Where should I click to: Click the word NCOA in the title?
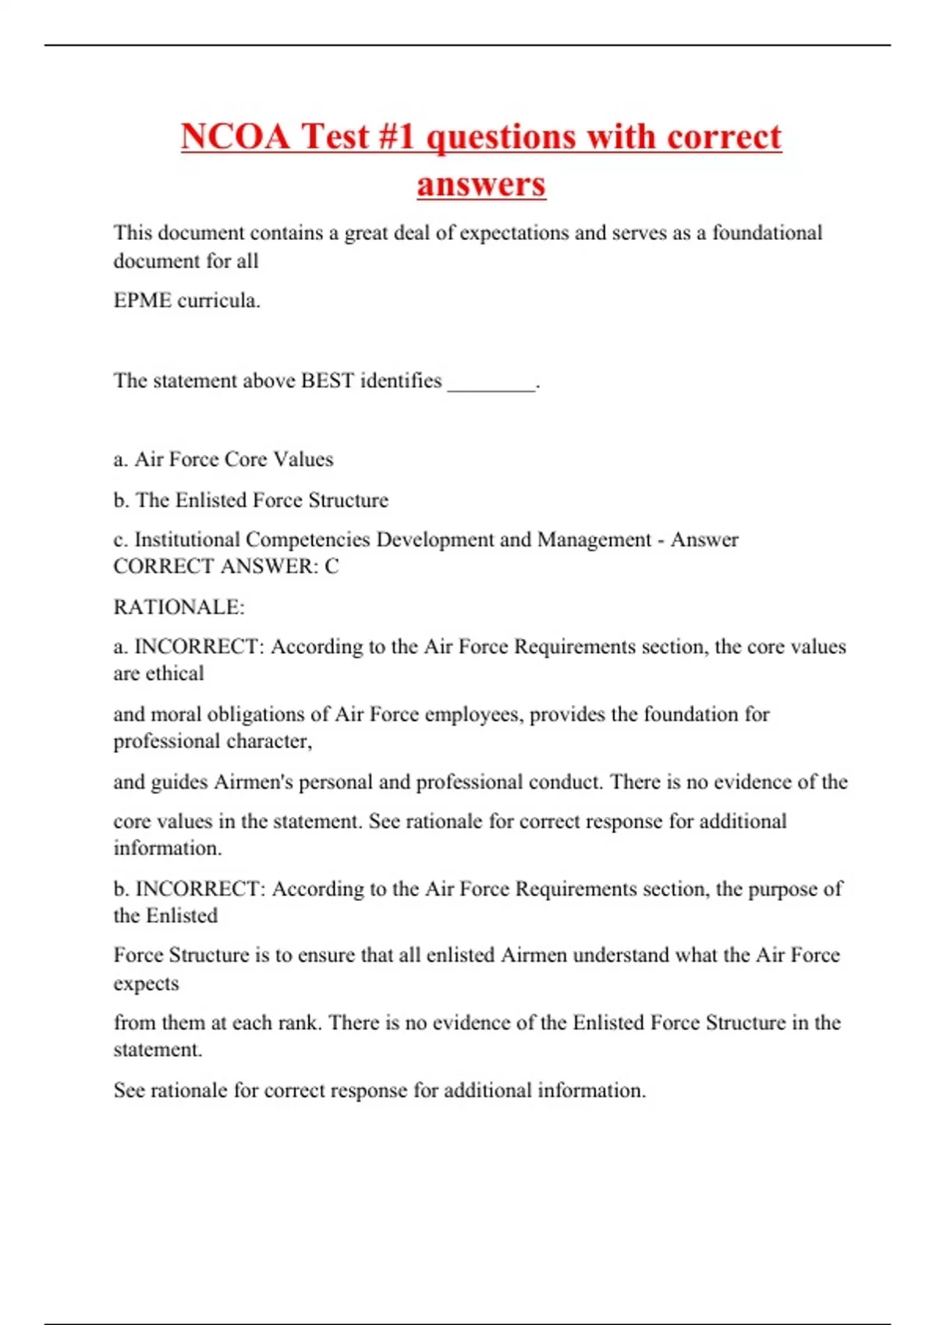click(236, 136)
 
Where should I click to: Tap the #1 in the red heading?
click(398, 136)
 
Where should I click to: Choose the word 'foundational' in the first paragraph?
click(768, 233)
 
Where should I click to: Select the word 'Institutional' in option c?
click(187, 539)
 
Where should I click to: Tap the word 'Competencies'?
click(307, 539)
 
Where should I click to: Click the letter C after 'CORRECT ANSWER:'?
click(331, 567)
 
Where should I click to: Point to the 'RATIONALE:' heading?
click(179, 607)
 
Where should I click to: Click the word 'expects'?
click(146, 984)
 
